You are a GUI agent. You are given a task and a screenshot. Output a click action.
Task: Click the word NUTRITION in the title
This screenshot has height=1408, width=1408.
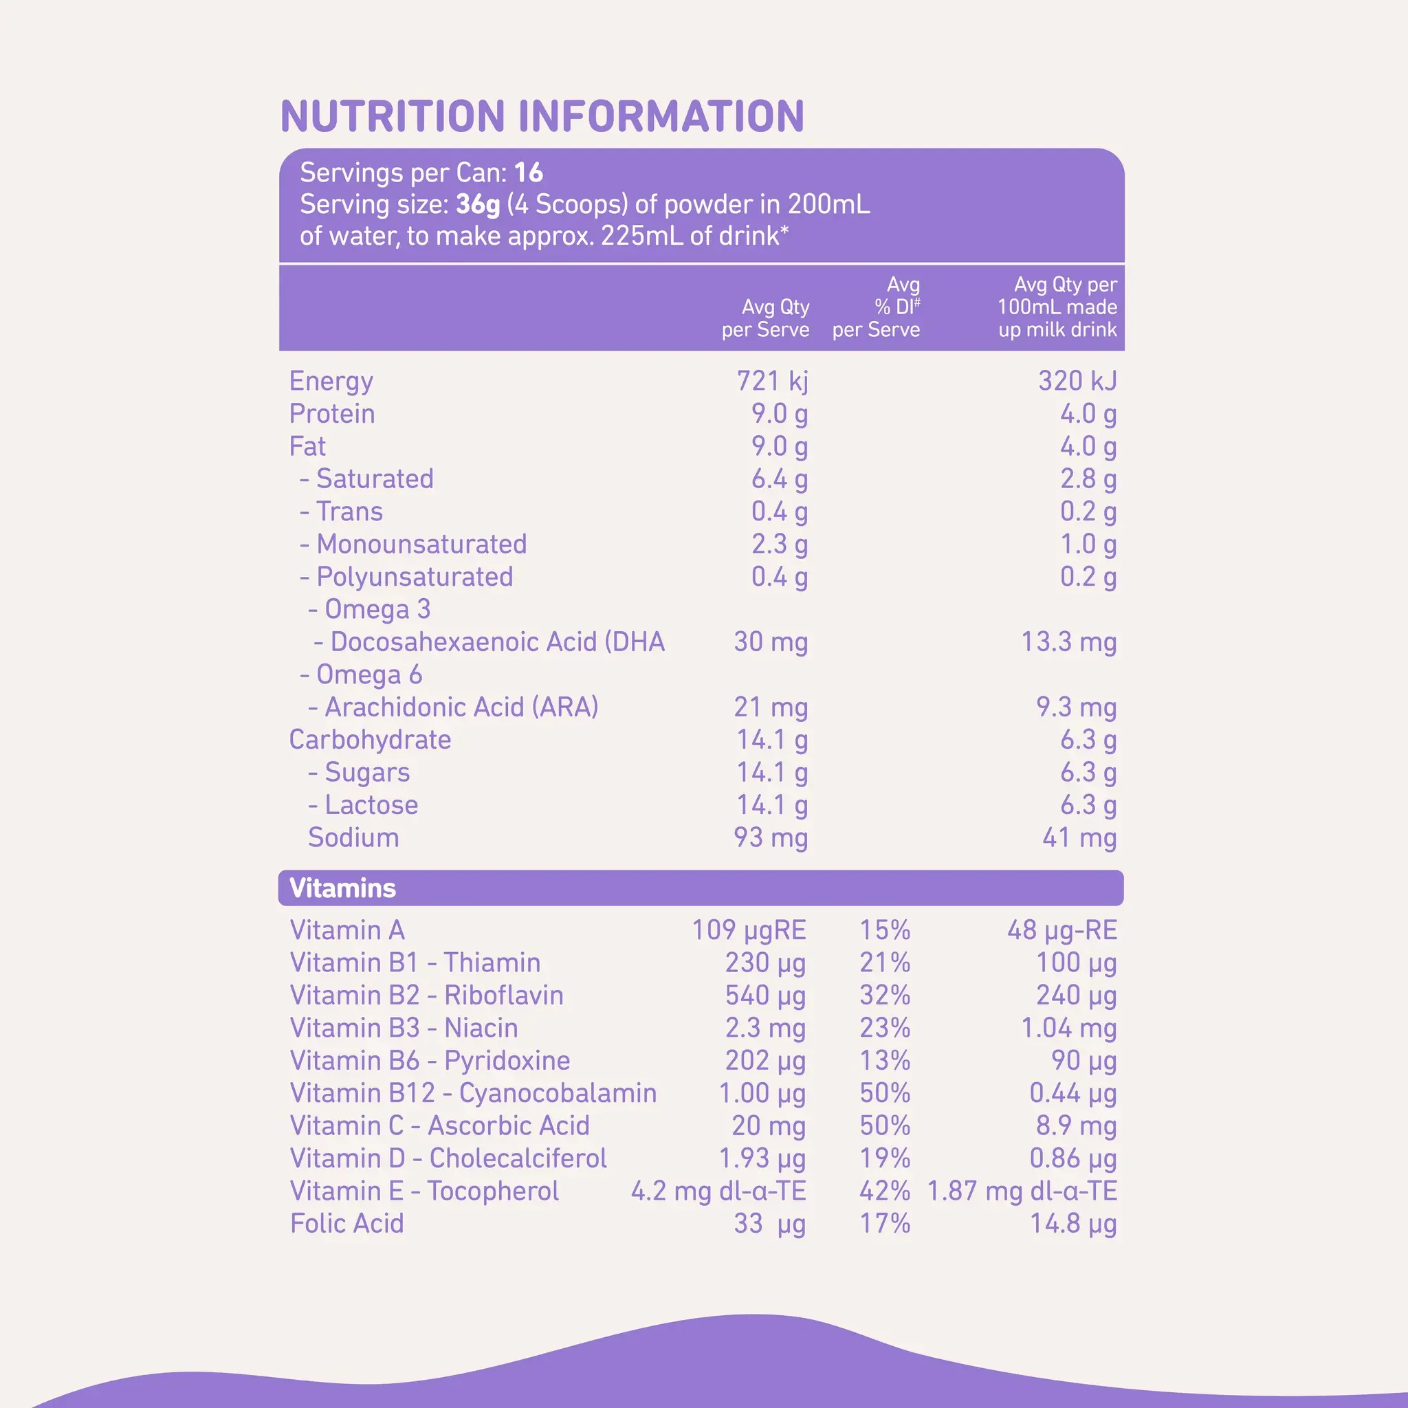pos(393,117)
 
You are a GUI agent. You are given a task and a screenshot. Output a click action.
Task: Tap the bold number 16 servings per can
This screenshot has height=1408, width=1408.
pos(529,173)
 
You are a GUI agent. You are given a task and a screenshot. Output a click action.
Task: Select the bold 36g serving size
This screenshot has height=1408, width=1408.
pos(478,205)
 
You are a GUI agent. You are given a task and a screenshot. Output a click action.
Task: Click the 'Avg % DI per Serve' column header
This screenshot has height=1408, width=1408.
pos(877,307)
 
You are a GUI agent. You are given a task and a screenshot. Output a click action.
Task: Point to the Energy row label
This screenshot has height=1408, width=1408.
pos(331,381)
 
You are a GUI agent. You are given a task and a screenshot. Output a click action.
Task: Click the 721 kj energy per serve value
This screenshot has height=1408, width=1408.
pos(772,381)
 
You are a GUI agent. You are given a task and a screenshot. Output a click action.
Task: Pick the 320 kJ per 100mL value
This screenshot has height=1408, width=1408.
pos(1077,381)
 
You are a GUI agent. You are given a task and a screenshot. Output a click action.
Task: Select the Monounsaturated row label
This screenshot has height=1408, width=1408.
pos(413,544)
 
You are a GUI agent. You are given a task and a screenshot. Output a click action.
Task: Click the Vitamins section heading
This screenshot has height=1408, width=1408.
pos(342,888)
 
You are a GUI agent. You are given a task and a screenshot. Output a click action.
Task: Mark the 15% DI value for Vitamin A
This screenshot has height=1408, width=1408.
pos(885,930)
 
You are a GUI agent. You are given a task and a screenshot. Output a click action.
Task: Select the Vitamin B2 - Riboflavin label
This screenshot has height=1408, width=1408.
pos(426,995)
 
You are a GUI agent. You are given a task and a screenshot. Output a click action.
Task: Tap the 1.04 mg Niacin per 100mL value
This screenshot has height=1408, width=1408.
pos(1068,1028)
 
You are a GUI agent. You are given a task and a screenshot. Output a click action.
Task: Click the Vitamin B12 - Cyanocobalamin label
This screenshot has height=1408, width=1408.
pos(473,1093)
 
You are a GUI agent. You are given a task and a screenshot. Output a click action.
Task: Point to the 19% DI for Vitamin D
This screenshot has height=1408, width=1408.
pos(885,1158)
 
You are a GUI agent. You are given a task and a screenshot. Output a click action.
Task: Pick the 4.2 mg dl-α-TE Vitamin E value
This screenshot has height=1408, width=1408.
pos(718,1191)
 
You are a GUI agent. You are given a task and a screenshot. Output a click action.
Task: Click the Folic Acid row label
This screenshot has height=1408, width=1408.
pos(347,1224)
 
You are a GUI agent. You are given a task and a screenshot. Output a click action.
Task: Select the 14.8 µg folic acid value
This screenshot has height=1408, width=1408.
pos(1072,1224)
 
